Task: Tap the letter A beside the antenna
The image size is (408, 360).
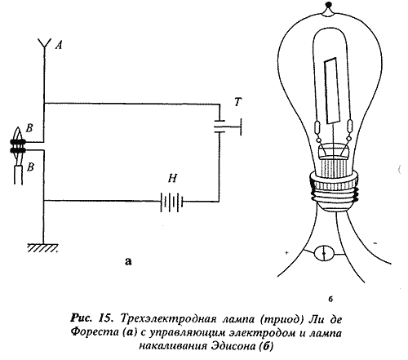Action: coord(59,45)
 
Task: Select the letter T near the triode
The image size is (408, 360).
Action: coord(237,102)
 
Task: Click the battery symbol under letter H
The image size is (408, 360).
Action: coord(172,202)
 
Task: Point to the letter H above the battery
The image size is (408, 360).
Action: coord(173,179)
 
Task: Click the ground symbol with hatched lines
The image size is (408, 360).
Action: coord(43,247)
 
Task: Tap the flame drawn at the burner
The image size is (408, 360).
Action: coord(18,134)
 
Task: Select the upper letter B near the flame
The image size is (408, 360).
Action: coord(29,128)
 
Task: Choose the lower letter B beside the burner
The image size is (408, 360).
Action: coord(31,167)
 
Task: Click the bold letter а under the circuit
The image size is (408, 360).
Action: coord(128,261)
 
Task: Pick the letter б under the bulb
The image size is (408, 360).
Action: coord(330,300)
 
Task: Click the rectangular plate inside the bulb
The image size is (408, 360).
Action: coord(332,91)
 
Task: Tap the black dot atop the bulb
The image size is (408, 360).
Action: coord(330,4)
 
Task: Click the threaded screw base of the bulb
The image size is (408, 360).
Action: coord(334,190)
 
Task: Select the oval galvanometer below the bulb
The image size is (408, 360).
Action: coord(324,253)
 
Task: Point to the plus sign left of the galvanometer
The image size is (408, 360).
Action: coord(286,252)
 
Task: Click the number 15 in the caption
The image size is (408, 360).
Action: coord(105,318)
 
